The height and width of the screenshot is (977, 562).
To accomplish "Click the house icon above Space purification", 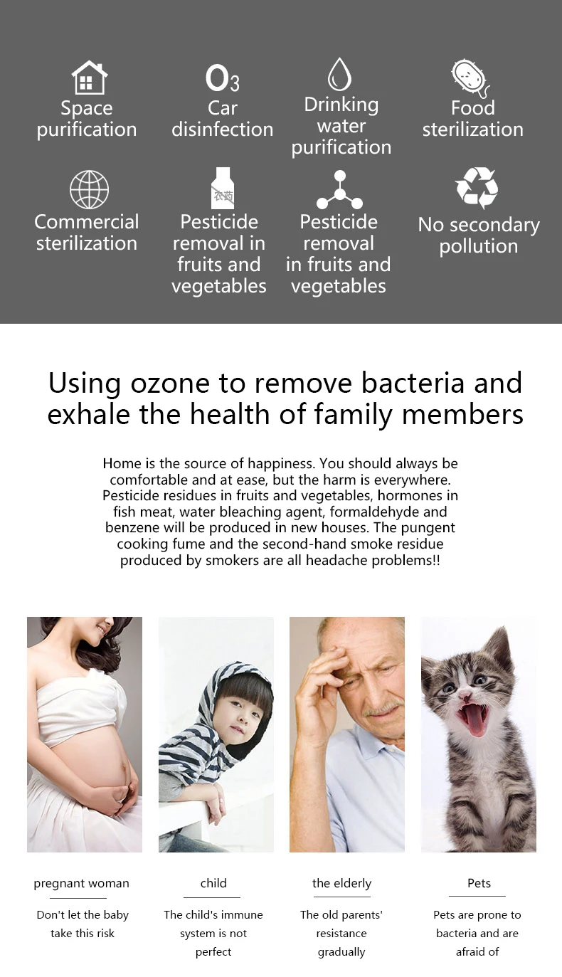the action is (x=90, y=77).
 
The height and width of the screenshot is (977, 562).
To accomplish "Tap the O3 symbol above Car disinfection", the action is (x=223, y=78).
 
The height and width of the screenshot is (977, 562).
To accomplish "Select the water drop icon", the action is (x=339, y=74).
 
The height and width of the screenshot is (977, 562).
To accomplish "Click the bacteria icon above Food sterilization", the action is (x=471, y=78).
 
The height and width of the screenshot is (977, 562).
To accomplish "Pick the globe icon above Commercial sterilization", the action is (x=90, y=189).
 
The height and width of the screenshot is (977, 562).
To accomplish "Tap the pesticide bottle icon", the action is (x=223, y=188).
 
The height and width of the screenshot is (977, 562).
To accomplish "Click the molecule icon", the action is (x=339, y=190).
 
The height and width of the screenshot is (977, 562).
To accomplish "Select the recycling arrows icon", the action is (x=477, y=188).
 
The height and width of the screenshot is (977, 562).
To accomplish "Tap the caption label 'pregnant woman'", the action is (x=82, y=883).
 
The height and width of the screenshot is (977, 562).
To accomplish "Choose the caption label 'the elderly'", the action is (x=341, y=883).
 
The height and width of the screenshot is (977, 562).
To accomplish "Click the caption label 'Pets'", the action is (x=479, y=883).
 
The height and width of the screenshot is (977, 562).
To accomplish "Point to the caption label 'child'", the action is (x=213, y=883).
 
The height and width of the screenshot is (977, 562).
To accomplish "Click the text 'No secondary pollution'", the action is (x=479, y=236).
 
